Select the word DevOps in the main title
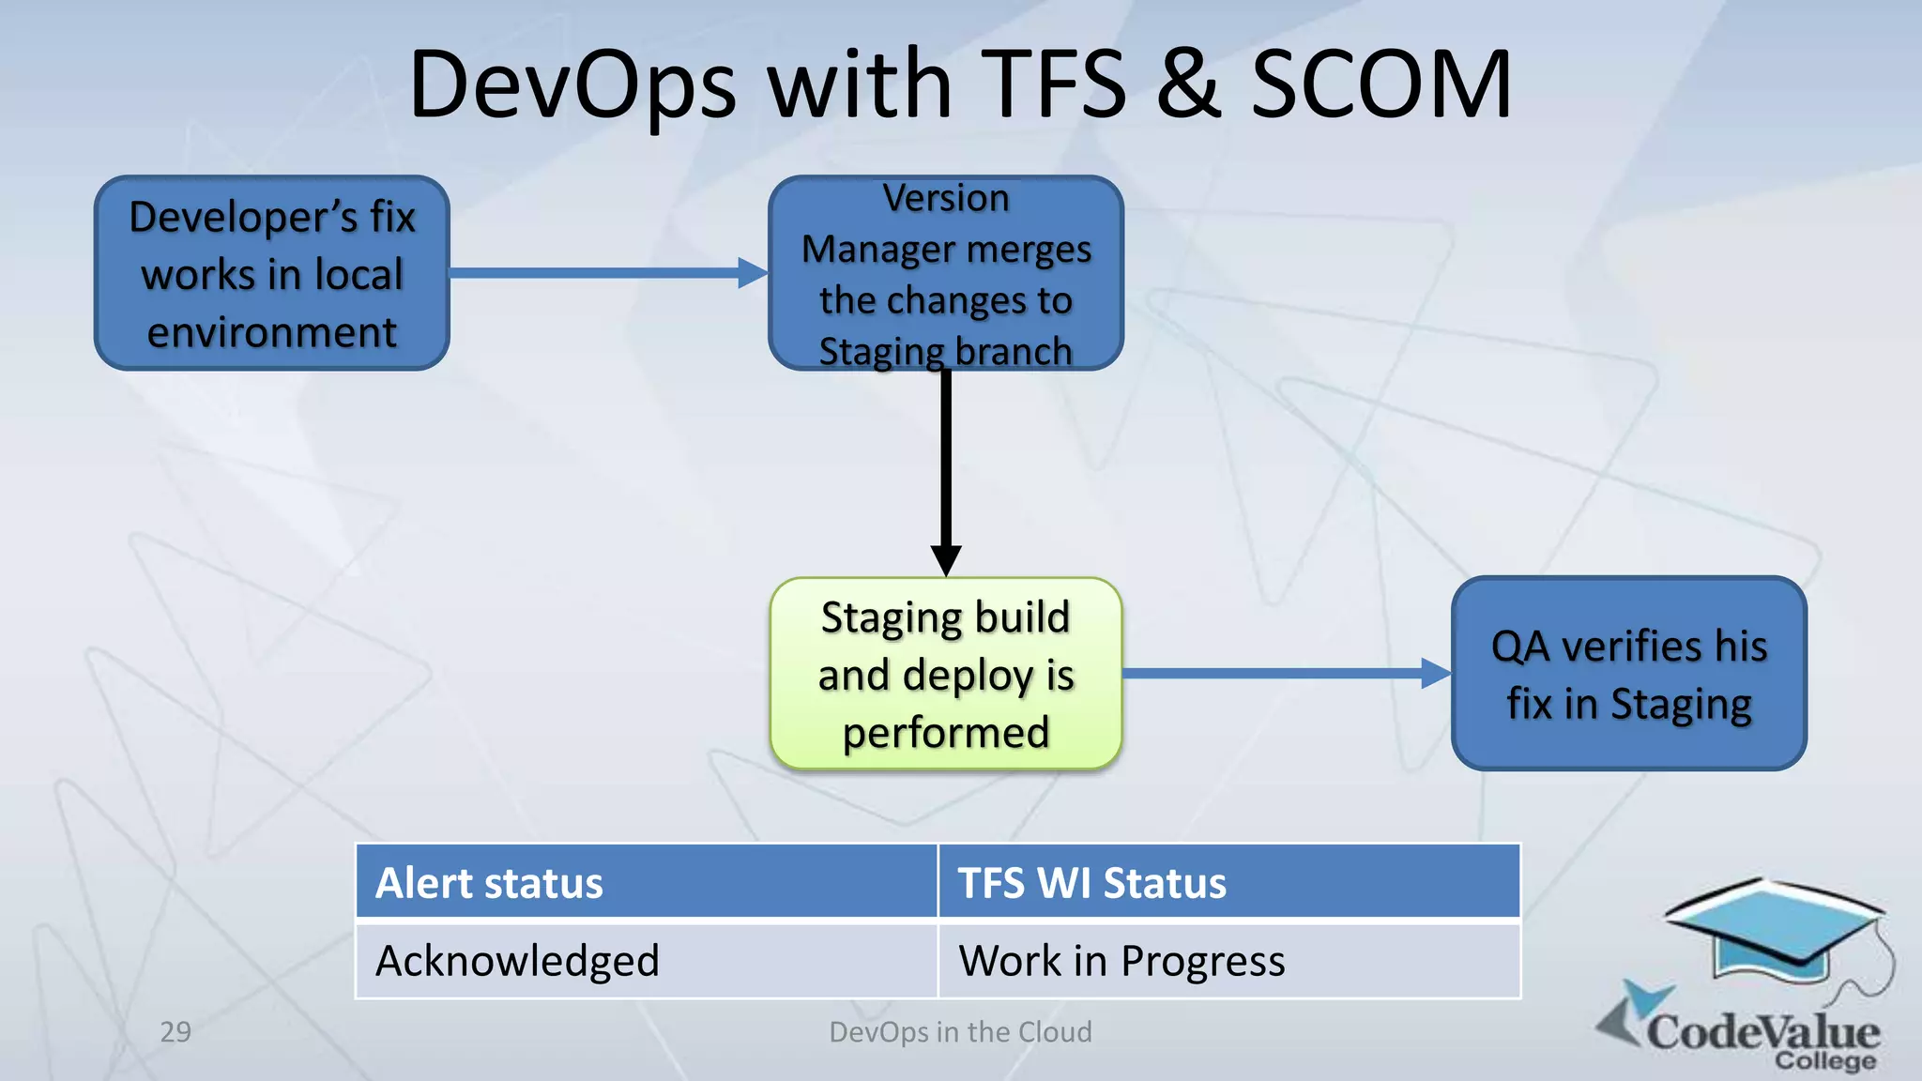coord(572,86)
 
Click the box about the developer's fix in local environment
coord(272,273)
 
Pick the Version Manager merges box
coord(946,273)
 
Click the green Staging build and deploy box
coord(946,674)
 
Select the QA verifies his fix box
coord(1628,674)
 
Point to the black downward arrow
coord(946,469)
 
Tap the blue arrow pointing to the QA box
coord(1286,673)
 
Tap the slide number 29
coord(175,1032)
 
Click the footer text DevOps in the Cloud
coord(960,1032)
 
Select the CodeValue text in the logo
coord(1762,1030)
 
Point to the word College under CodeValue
coord(1824,1061)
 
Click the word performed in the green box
coord(946,733)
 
